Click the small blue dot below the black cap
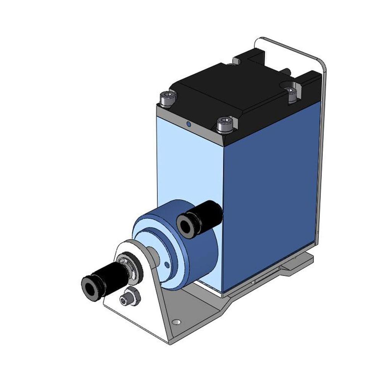pos(188,124)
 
